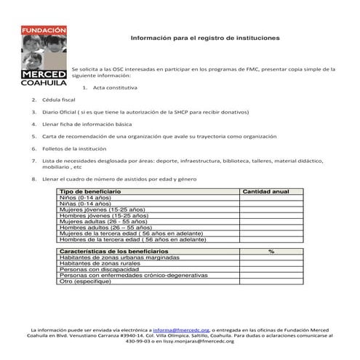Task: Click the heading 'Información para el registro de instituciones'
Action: (x=204, y=37)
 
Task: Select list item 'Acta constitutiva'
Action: (x=115, y=87)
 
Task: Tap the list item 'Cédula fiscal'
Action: (x=59, y=100)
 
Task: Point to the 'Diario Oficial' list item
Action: (x=145, y=112)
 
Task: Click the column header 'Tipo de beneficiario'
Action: (x=90, y=191)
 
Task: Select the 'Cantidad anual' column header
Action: (x=266, y=191)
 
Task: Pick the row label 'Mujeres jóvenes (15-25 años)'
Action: (x=103, y=209)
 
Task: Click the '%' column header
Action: (x=271, y=251)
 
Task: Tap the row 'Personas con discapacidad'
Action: (x=98, y=269)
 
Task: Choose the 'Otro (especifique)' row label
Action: (x=89, y=281)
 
